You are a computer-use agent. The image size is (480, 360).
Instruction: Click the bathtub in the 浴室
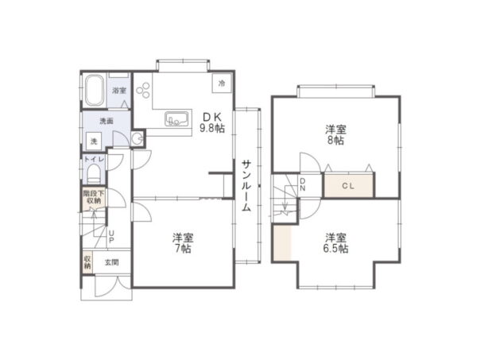click(x=94, y=90)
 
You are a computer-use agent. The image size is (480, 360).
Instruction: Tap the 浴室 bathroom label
click(x=119, y=91)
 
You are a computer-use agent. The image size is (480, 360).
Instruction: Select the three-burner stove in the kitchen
click(x=143, y=90)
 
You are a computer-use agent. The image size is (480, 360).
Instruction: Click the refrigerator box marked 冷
click(x=222, y=83)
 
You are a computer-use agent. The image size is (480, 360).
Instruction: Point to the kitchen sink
click(x=176, y=118)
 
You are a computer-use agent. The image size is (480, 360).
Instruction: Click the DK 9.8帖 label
click(x=212, y=122)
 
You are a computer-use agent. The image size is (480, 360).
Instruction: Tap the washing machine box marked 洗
click(x=94, y=141)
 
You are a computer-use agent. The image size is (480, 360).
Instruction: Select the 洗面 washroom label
click(x=106, y=121)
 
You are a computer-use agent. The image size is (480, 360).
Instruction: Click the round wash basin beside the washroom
click(x=137, y=138)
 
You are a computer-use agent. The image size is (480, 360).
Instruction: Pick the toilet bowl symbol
click(x=94, y=173)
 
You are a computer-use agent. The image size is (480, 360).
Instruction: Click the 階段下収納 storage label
click(x=94, y=197)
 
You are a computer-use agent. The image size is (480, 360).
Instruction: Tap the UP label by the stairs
click(x=111, y=237)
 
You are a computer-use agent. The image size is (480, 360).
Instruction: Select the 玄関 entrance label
click(x=111, y=262)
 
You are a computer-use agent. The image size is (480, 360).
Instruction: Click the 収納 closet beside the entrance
click(x=87, y=262)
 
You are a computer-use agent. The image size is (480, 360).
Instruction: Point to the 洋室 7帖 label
click(x=183, y=243)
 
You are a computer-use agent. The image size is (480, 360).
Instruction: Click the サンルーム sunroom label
click(x=246, y=186)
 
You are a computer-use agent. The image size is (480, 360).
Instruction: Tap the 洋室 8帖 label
click(x=336, y=135)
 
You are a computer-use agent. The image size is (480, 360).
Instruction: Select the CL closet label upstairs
click(x=348, y=186)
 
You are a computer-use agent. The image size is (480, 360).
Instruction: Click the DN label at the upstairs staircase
click(x=303, y=184)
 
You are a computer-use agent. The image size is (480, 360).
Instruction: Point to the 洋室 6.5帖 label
click(x=336, y=243)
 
